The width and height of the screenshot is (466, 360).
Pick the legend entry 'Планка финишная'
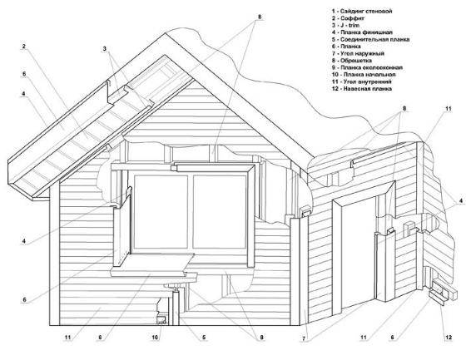(x=362, y=32)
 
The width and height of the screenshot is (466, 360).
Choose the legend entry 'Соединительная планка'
(x=371, y=39)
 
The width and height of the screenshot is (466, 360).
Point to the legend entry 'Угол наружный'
(x=358, y=53)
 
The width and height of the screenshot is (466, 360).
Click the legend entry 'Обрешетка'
(x=352, y=61)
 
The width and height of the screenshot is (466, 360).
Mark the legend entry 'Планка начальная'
(x=364, y=75)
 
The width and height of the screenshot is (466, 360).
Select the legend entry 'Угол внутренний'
(x=362, y=81)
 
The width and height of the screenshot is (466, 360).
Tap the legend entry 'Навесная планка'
(x=362, y=88)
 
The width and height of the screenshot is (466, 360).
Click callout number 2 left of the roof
(x=24, y=46)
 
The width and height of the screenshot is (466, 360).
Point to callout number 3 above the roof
(x=105, y=49)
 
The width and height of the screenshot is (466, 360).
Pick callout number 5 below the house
(x=204, y=337)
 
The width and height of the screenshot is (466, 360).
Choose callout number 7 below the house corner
(x=304, y=338)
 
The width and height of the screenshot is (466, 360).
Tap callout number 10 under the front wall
(x=155, y=337)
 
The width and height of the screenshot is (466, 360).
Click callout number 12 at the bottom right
(x=449, y=337)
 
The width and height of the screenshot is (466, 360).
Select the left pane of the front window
(x=161, y=212)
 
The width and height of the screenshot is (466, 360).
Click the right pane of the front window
(x=220, y=212)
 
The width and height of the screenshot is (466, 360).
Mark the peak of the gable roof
(x=165, y=32)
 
